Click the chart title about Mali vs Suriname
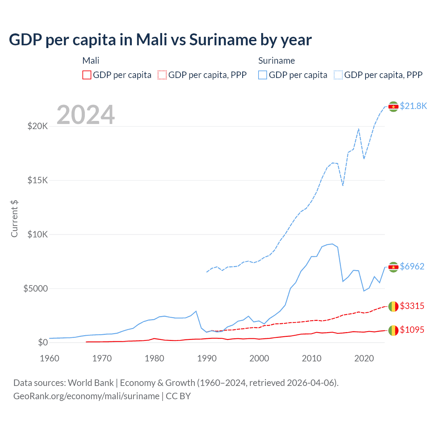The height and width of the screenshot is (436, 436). tap(160, 40)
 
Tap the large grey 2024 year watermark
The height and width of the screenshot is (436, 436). tap(85, 115)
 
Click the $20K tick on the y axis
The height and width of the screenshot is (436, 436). tap(37, 126)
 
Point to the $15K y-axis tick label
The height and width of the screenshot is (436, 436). tap(37, 180)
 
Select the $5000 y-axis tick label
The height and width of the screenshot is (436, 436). tap(35, 289)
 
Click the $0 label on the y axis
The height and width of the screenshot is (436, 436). tap(43, 342)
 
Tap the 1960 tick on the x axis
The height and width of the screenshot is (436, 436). tap(50, 358)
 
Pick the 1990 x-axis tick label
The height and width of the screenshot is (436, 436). tap(207, 358)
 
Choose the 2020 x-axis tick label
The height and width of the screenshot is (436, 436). tap(364, 358)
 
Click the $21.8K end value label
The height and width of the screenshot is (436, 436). tap(413, 106)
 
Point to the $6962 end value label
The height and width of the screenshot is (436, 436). tap(412, 266)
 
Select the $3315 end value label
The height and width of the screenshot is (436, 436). tap(412, 306)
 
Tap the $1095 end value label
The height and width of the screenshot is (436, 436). tap(412, 330)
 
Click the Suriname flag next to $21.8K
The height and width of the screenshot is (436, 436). tap(393, 107)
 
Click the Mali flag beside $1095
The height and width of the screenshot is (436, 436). tap(393, 330)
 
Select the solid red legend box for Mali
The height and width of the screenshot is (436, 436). tap(87, 75)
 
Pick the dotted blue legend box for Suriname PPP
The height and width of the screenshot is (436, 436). tap(338, 75)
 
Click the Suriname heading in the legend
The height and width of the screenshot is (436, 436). tap(276, 61)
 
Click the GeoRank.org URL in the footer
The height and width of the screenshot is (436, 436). tap(86, 396)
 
